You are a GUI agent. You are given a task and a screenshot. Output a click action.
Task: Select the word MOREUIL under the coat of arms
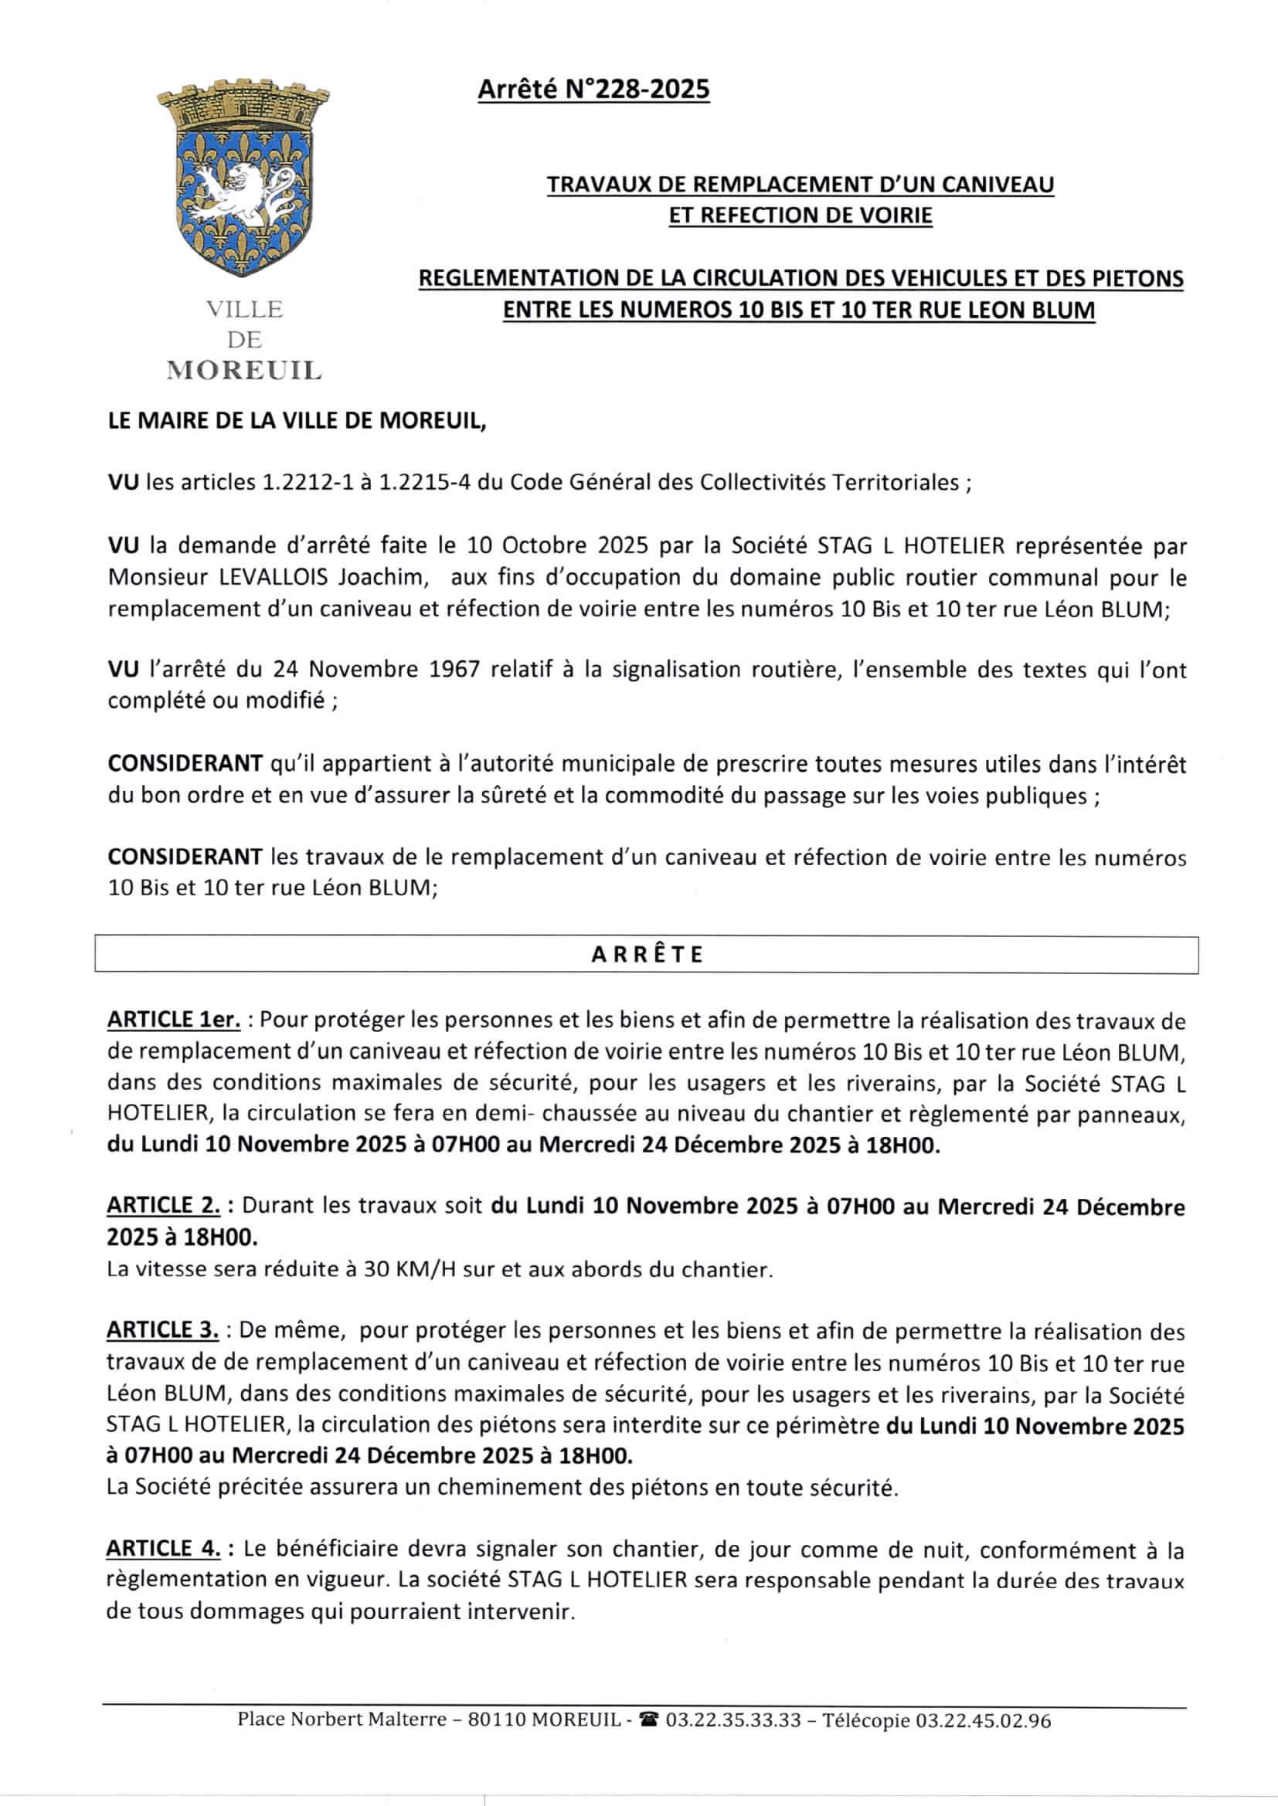pyautogui.click(x=244, y=371)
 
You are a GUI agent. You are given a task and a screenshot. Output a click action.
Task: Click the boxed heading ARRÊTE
pyautogui.click(x=646, y=955)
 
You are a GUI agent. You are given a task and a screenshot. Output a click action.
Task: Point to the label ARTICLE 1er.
pyautogui.click(x=173, y=1020)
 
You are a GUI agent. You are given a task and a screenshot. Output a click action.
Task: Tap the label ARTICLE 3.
pyautogui.click(x=163, y=1330)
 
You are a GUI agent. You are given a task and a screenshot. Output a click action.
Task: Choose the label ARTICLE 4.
pyautogui.click(x=164, y=1549)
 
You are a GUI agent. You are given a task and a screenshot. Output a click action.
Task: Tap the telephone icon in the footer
pyautogui.click(x=649, y=1720)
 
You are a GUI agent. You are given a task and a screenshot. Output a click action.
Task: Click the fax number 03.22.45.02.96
pyautogui.click(x=983, y=1720)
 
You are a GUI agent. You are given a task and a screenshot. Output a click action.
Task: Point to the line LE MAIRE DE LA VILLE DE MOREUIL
pyautogui.click(x=297, y=421)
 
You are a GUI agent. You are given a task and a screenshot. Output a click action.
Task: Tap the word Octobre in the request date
pyautogui.click(x=546, y=545)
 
